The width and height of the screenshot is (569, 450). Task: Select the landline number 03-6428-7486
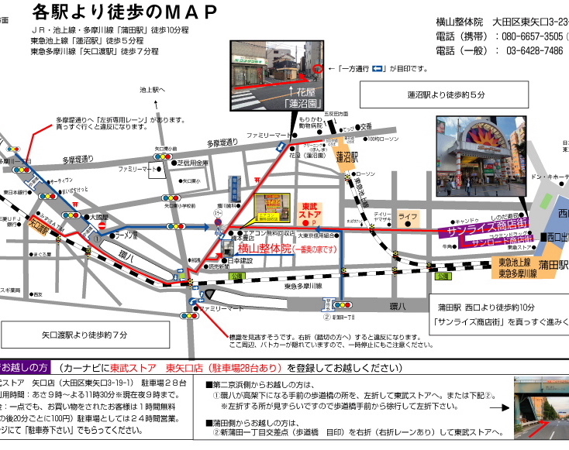[534, 51]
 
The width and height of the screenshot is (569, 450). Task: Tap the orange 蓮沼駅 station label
[346, 156]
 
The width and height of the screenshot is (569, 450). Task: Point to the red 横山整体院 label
[264, 249]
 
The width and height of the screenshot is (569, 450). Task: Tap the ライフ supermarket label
[408, 216]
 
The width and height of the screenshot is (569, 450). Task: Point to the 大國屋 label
[98, 218]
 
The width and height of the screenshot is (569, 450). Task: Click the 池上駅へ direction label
[153, 90]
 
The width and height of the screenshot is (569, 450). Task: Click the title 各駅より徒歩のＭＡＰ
[124, 12]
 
